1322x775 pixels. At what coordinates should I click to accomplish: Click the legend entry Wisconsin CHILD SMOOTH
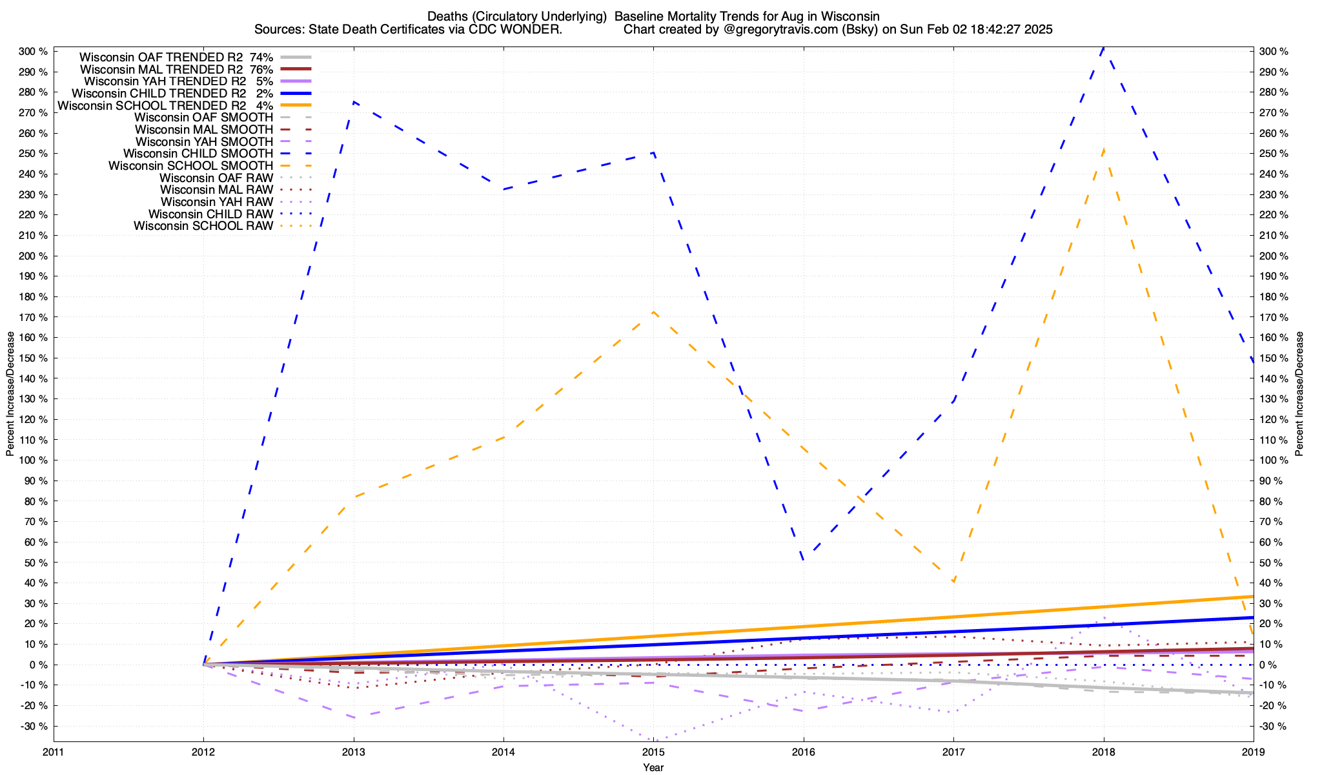198,154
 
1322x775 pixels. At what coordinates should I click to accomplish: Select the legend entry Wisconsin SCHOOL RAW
203,226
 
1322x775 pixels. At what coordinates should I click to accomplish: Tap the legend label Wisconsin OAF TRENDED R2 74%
176,57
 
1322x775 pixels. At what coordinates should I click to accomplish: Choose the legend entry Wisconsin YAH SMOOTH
204,141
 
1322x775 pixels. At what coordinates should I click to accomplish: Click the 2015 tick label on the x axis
653,752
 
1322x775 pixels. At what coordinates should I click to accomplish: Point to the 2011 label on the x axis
54,752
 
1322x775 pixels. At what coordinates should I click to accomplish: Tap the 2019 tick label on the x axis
1253,752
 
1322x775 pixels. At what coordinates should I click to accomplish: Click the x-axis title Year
653,767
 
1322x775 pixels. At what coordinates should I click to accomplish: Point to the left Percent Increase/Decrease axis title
10,394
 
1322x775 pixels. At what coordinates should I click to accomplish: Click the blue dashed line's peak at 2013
354,101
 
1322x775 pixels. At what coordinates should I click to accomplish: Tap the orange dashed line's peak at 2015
653,312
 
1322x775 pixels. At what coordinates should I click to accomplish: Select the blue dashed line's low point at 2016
803,559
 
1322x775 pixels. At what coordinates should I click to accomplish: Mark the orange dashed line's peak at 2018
1103,149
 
